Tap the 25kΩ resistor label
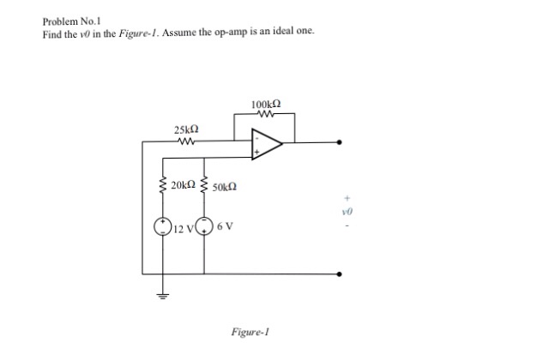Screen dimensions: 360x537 click(186, 130)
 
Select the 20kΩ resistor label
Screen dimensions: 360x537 click(183, 185)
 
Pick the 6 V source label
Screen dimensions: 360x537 click(225, 226)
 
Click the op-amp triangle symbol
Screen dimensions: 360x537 click(265, 145)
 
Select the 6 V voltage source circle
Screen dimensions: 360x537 click(204, 227)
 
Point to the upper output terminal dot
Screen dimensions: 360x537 click(341, 143)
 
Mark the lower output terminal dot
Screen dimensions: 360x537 click(341, 274)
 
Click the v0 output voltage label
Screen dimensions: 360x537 click(347, 208)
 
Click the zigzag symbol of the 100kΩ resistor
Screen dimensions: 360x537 click(264, 115)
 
